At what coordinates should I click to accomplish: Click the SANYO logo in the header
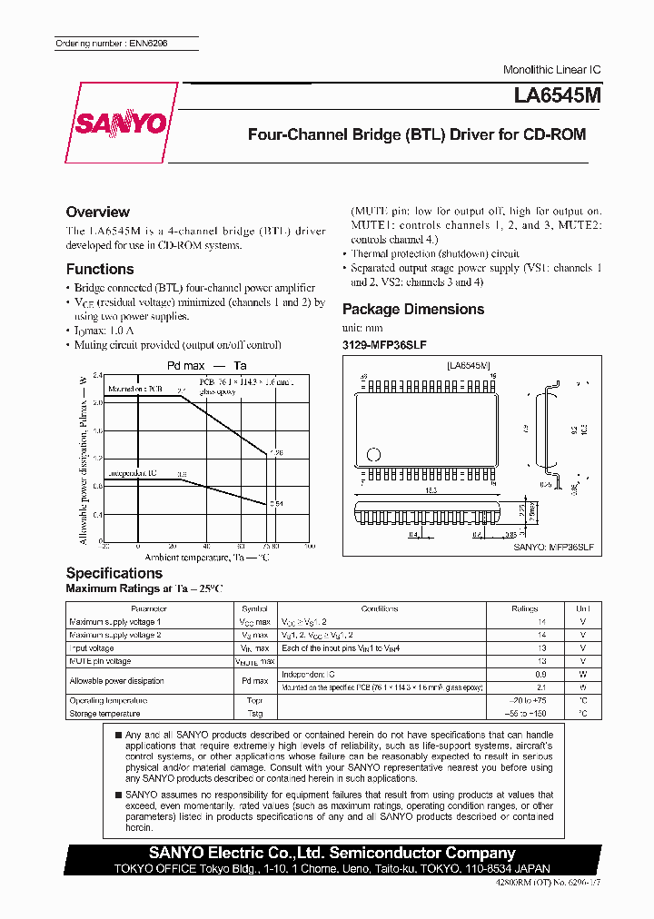point(121,123)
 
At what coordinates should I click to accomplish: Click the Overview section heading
point(98,212)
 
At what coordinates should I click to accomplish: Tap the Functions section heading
point(100,269)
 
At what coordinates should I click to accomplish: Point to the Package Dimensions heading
point(413,309)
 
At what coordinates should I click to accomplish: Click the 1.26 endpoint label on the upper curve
point(277,451)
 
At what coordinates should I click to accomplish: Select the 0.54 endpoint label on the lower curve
point(277,503)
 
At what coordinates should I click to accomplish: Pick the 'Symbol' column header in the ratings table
point(254,608)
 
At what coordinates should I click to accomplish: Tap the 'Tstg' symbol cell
point(254,714)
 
